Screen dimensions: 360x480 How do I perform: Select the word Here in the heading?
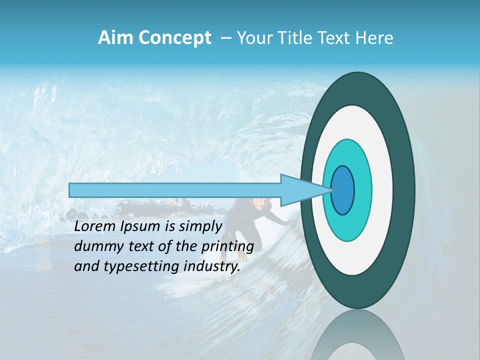375,38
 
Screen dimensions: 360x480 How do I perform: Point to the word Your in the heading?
254,38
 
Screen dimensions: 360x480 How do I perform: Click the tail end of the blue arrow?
71,190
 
